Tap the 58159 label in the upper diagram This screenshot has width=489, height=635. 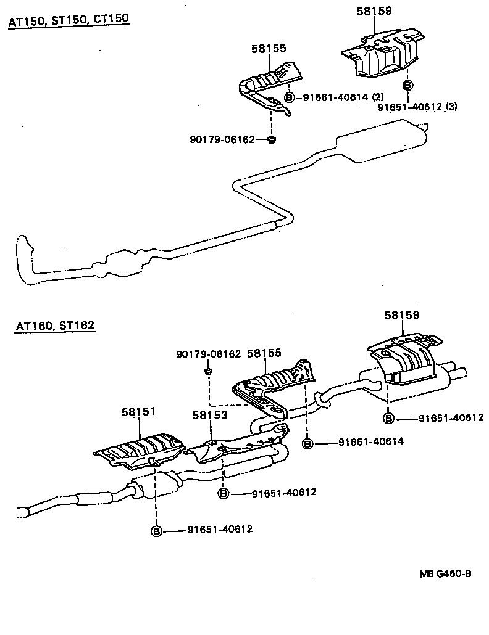point(374,10)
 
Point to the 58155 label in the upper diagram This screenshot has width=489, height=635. point(269,49)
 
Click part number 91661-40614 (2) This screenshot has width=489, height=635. point(343,97)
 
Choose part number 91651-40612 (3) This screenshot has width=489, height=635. point(417,107)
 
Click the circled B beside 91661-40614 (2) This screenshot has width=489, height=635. point(289,97)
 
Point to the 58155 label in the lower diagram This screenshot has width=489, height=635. point(264,353)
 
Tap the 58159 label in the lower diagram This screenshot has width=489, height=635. point(402,314)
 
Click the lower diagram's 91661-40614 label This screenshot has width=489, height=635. point(370,442)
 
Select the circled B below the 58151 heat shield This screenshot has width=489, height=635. point(157,530)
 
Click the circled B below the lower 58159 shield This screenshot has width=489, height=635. point(388,419)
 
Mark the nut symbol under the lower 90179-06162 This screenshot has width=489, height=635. point(209,371)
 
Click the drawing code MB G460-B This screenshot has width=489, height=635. point(446,573)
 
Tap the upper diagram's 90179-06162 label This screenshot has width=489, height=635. point(222,140)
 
